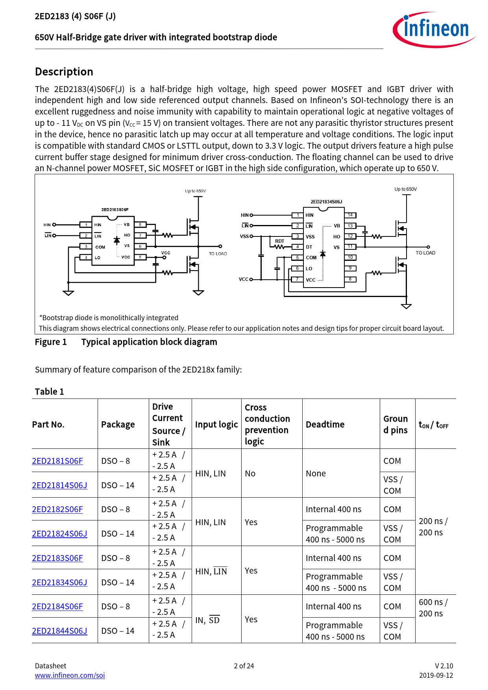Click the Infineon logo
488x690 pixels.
(x=434, y=30)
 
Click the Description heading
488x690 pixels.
(x=64, y=72)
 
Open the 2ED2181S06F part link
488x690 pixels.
(x=57, y=461)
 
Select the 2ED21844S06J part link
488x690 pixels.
(x=59, y=631)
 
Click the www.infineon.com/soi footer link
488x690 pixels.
(x=70, y=675)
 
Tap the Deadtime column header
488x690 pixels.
(x=325, y=424)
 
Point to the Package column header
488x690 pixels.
(x=118, y=424)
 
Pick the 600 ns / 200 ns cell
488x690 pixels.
(x=433, y=607)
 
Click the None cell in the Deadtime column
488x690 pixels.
(x=316, y=473)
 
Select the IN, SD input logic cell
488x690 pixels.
(x=207, y=620)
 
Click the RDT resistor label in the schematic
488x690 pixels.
(x=279, y=241)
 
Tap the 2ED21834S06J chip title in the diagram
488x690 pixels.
(x=326, y=202)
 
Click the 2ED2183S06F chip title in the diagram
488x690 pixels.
(x=115, y=210)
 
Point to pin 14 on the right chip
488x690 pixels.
(x=350, y=215)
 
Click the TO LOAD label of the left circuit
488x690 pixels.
(x=218, y=254)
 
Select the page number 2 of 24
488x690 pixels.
(x=244, y=666)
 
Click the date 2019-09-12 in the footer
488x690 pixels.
(x=436, y=675)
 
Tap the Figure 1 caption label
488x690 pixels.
(x=51, y=342)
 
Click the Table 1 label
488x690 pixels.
(x=49, y=391)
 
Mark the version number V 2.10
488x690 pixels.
(x=444, y=666)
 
